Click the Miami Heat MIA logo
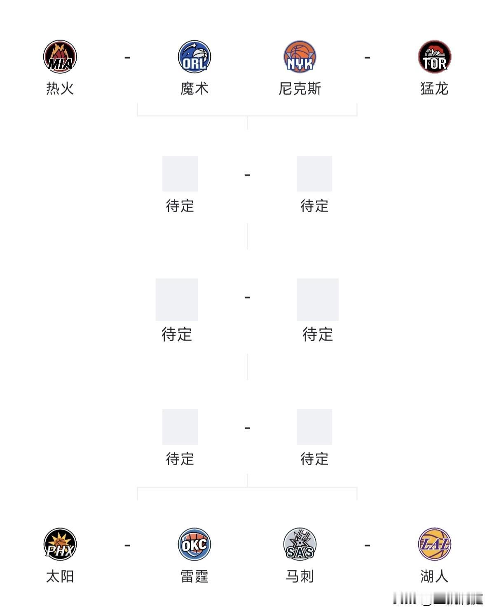[x=60, y=57]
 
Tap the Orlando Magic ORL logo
[x=194, y=57]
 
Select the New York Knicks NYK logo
[x=300, y=57]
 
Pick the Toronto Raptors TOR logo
[x=435, y=57]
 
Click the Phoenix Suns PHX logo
[x=60, y=544]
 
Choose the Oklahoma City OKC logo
[x=194, y=544]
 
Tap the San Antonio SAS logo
[x=300, y=544]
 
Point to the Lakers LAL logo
[x=435, y=544]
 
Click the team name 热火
[x=60, y=89]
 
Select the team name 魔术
[x=194, y=89]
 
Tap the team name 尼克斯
[x=300, y=89]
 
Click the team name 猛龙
[x=435, y=89]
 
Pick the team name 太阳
[x=60, y=576]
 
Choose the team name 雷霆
[x=194, y=576]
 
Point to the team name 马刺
[x=300, y=576]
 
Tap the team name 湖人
[x=435, y=576]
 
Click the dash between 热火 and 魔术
[x=127, y=57]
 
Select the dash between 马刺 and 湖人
[x=368, y=546]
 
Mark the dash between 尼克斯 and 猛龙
[x=368, y=57]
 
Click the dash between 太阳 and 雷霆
[x=127, y=546]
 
